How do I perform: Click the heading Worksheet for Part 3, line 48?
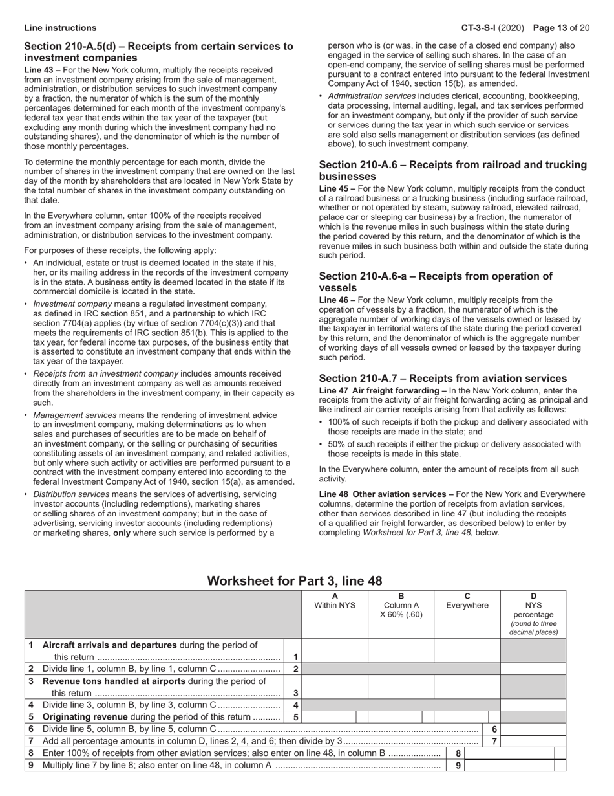pos(295,580)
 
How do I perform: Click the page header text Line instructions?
pos(60,28)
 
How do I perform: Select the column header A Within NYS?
pos(335,601)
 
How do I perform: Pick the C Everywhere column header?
pos(467,601)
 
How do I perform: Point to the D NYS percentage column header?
pos(533,614)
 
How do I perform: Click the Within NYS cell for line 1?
pos(335,651)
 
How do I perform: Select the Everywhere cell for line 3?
pos(467,687)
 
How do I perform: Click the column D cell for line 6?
pos(533,729)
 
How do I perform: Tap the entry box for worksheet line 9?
pos(509,766)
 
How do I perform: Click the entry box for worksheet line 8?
pos(509,753)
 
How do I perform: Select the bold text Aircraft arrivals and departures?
pos(109,645)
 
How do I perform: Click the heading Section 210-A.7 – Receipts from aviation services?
pos(443,378)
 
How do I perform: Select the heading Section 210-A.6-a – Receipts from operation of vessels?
pos(436,282)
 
